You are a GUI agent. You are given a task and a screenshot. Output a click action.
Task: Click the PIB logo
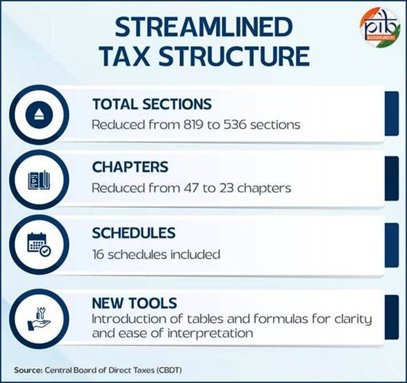[x=379, y=28]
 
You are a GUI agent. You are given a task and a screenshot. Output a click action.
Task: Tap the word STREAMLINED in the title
[x=203, y=27]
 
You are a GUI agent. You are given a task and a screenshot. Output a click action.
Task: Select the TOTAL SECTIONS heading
[x=152, y=104]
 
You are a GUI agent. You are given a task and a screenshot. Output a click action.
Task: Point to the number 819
[x=193, y=125]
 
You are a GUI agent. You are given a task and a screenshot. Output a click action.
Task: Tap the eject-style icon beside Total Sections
[x=39, y=115]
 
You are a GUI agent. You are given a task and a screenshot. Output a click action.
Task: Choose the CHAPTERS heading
[x=130, y=167]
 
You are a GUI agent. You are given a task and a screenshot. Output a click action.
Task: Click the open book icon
[x=39, y=180]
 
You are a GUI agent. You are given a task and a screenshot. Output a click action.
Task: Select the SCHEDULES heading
[x=134, y=233]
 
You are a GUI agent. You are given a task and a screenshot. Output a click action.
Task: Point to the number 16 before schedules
[x=99, y=254]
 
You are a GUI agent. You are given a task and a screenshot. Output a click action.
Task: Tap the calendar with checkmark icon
[x=39, y=245]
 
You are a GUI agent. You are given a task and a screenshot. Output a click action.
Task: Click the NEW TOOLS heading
[x=135, y=303]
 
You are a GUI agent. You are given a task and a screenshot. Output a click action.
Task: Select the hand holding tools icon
[x=39, y=319]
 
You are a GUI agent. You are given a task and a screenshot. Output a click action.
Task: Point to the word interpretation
[x=210, y=333]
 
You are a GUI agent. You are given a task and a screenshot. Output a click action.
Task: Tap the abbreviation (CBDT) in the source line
[x=169, y=370]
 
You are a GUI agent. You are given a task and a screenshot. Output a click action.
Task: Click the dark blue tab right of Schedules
[x=392, y=245]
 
